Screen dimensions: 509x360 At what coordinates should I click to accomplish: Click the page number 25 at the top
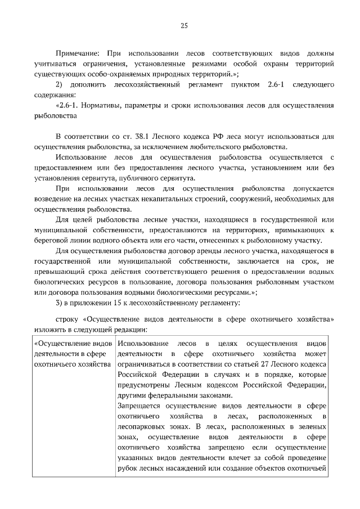pyautogui.click(x=184, y=25)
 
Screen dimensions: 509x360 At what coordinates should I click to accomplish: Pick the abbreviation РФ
pyautogui.click(x=213, y=137)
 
